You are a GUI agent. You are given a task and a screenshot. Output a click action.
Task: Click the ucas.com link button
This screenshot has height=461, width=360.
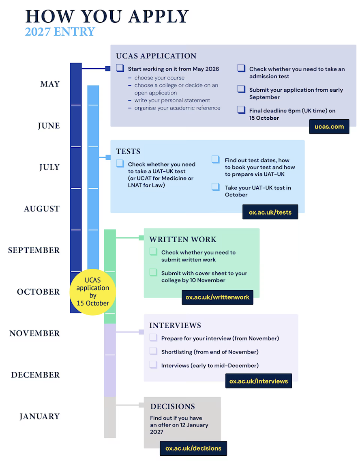(329, 127)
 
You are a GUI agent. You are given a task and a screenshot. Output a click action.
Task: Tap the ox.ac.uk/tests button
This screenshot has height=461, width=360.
(270, 212)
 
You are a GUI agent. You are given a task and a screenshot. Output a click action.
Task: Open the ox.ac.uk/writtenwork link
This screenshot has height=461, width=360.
(217, 297)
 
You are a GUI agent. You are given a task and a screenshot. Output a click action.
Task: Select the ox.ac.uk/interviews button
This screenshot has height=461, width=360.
(259, 381)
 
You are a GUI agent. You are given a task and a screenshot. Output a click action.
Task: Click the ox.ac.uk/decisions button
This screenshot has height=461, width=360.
(193, 448)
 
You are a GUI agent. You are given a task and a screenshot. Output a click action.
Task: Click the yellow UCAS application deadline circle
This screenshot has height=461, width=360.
(93, 292)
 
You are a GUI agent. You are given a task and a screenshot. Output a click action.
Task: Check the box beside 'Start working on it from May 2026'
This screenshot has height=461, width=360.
(120, 68)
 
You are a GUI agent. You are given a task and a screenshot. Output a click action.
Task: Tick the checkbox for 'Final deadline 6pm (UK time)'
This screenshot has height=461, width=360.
(241, 110)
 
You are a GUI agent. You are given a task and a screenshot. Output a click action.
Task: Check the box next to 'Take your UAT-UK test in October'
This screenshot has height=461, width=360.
(216, 187)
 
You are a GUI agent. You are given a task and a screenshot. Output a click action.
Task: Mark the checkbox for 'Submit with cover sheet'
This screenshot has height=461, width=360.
(153, 272)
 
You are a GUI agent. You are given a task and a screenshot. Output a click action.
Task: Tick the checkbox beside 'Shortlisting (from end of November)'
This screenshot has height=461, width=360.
(153, 351)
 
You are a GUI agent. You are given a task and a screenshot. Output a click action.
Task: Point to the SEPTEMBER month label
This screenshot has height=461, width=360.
(34, 250)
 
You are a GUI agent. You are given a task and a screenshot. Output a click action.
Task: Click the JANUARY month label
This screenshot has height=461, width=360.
(40, 416)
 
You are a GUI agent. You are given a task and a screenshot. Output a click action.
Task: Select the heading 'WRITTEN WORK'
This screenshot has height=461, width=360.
(183, 239)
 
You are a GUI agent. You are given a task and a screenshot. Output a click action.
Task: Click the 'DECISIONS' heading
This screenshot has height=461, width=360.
(173, 406)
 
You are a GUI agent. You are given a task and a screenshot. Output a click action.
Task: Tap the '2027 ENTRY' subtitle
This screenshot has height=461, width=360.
(60, 32)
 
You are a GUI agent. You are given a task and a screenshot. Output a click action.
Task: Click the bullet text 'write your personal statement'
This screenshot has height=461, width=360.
(172, 100)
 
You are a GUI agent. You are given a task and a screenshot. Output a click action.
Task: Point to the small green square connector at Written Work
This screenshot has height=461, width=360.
(141, 238)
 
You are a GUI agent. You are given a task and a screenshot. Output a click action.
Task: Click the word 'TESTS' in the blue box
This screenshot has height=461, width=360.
(128, 151)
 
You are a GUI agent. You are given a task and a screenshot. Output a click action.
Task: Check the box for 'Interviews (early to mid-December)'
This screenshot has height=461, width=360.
(153, 364)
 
